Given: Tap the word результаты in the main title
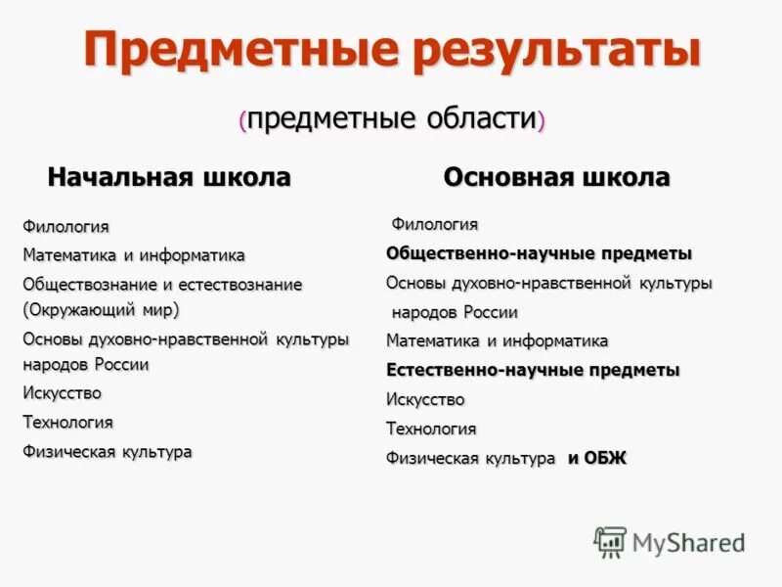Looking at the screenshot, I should (x=557, y=50).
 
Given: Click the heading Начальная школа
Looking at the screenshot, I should (x=169, y=177).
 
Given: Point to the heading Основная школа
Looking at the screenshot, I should (x=556, y=177).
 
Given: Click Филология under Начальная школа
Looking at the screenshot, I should (x=65, y=227).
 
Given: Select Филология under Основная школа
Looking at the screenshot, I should (x=435, y=225).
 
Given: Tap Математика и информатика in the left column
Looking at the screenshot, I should (x=134, y=255).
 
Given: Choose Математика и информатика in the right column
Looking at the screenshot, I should (x=497, y=341).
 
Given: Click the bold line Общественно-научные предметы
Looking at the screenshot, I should (x=539, y=253).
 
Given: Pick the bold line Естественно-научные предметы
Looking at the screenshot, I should (x=533, y=371).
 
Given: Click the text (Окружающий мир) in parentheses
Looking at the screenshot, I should (x=101, y=309).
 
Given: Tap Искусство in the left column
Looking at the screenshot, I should (x=62, y=393).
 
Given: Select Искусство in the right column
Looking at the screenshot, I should (x=425, y=400).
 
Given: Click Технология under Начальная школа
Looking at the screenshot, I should (x=67, y=423).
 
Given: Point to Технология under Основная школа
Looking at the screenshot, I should (x=431, y=429).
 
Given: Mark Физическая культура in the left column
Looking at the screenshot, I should (x=108, y=452).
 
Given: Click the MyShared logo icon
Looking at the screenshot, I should (x=610, y=542).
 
